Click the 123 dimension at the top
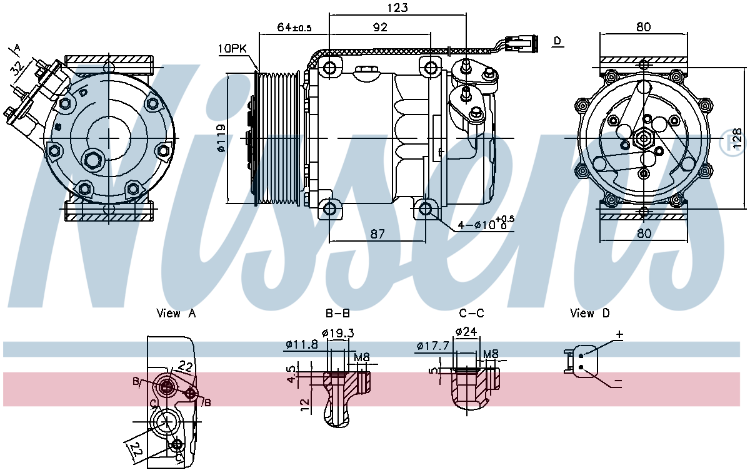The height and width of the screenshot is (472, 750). point(397,8)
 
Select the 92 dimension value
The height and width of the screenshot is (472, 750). point(379,27)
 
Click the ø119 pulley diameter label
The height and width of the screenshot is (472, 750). point(220,138)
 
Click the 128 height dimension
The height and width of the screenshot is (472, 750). point(738,138)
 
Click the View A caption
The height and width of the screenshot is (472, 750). point(176,313)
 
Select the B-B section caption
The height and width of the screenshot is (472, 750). point(337,313)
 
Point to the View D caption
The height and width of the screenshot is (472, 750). point(589,313)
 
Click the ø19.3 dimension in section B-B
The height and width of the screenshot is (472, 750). point(337,332)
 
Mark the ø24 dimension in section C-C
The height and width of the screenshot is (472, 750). point(467,331)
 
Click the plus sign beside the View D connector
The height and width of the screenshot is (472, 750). point(619,335)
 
